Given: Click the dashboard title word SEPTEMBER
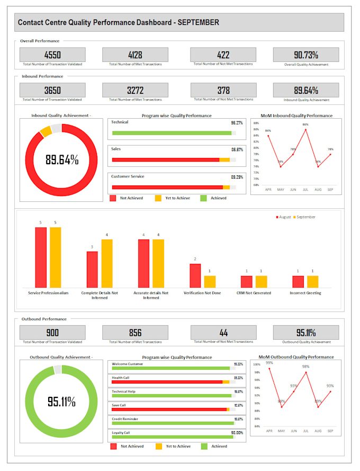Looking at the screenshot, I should pyautogui.click(x=198, y=23).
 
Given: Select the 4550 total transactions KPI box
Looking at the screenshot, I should pyautogui.click(x=52, y=55).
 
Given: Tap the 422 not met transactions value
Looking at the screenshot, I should pyautogui.click(x=223, y=55).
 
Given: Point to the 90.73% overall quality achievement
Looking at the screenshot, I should pyautogui.click(x=305, y=55).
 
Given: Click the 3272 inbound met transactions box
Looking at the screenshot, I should pyautogui.click(x=135, y=90).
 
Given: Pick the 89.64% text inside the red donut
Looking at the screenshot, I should pyautogui.click(x=61, y=159).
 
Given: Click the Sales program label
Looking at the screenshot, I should pyautogui.click(x=116, y=149).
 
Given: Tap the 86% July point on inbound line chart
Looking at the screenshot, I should pyautogui.click(x=305, y=129).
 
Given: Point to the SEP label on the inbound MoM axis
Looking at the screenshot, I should pyautogui.click(x=330, y=189).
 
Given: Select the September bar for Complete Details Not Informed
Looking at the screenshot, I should pyautogui.click(x=107, y=263).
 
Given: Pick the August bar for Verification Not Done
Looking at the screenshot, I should pyautogui.click(x=195, y=276).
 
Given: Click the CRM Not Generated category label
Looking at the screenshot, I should pyautogui.click(x=254, y=293).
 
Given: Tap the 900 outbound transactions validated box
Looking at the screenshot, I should pyautogui.click(x=52, y=333).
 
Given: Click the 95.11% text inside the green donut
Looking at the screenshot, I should pyautogui.click(x=61, y=402).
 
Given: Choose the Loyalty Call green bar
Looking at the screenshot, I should pyautogui.click(x=172, y=437).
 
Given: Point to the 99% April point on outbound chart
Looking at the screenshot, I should pyautogui.click(x=269, y=368).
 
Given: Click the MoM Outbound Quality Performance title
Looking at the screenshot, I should pyautogui.click(x=296, y=357).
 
